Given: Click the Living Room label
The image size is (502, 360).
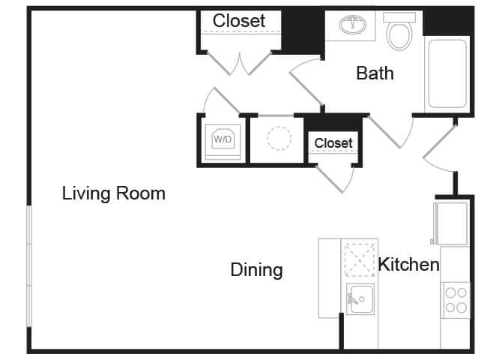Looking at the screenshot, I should [x=113, y=193].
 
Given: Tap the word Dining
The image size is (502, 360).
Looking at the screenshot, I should [x=256, y=270].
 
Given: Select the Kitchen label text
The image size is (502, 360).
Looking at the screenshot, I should [x=408, y=265].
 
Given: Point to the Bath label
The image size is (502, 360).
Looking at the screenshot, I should [x=375, y=73].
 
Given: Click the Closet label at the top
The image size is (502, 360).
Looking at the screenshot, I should [x=239, y=21].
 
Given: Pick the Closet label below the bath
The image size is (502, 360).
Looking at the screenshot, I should [x=333, y=142].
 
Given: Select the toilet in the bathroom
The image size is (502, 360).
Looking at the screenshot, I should [x=399, y=31].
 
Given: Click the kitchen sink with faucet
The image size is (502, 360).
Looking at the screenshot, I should [x=360, y=299].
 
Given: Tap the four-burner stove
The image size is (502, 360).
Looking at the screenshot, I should [x=455, y=299].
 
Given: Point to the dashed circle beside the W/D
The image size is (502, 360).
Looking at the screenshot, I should [x=279, y=139].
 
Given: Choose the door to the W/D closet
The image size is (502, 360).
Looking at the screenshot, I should [x=219, y=102].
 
